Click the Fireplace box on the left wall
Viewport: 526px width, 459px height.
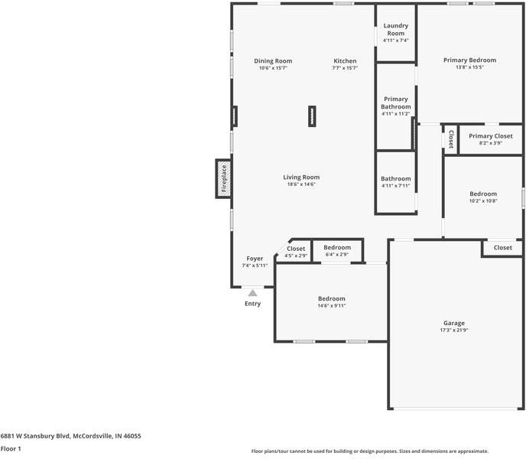tap(223, 178)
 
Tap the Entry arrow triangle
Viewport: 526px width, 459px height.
tap(252, 292)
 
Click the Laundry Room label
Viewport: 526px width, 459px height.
tap(395, 29)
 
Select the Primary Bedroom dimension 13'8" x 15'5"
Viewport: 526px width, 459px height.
tap(469, 67)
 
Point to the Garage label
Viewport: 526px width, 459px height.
tap(453, 323)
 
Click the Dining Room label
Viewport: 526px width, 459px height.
tap(273, 61)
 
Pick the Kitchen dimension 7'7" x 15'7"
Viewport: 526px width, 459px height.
tap(345, 68)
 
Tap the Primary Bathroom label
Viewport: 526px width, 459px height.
tap(395, 103)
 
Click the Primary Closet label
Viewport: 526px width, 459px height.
tap(491, 136)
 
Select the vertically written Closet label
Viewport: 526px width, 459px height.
tap(451, 139)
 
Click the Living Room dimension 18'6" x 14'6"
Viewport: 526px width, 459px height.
tap(301, 184)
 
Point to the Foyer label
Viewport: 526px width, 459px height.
tap(255, 259)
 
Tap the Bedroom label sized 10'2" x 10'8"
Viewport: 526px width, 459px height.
tap(482, 194)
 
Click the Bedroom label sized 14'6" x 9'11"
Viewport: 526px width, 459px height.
tap(331, 298)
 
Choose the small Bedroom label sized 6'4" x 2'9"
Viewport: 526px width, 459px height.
tap(336, 248)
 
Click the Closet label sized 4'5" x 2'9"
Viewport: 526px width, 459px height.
tap(296, 249)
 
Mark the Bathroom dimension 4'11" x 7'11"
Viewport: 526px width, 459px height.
tap(395, 186)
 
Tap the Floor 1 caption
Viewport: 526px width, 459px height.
tap(10, 449)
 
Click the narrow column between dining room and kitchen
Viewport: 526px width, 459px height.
tap(312, 116)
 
